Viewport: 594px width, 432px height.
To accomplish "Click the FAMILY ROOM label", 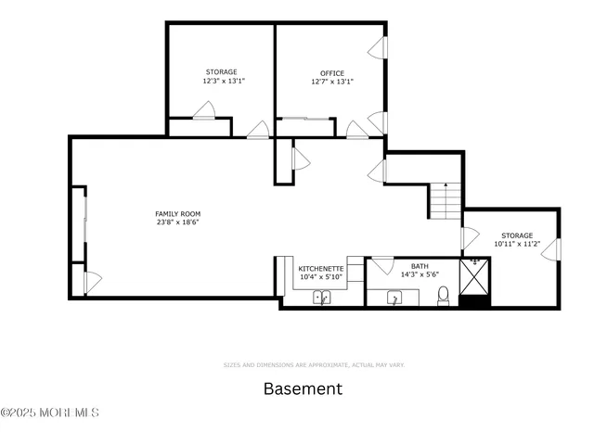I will [x=177, y=214].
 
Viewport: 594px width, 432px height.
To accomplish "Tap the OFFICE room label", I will [x=332, y=73].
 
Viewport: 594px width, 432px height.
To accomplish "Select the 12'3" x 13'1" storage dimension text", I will [x=221, y=81].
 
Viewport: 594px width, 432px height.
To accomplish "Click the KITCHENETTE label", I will [x=321, y=268].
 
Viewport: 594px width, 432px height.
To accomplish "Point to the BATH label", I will [x=420, y=265].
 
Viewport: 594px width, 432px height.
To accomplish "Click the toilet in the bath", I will [x=444, y=296].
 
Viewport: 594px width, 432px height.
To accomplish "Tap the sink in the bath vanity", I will [x=394, y=298].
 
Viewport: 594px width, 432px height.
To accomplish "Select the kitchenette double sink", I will [x=322, y=298].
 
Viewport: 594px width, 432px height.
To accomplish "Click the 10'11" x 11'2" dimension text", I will [x=516, y=244].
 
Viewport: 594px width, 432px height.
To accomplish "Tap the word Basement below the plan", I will [x=303, y=388].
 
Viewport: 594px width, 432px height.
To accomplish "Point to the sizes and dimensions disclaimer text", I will [x=314, y=365].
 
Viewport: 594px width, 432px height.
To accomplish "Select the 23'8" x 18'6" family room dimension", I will [x=177, y=222].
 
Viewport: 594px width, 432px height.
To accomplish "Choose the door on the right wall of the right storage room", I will [x=554, y=248].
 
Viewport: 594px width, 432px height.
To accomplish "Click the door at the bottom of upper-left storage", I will [x=203, y=111].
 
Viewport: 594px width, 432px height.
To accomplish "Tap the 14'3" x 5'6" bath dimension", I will [x=420, y=274].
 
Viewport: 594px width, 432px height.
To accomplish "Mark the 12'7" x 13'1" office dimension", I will [x=332, y=82].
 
